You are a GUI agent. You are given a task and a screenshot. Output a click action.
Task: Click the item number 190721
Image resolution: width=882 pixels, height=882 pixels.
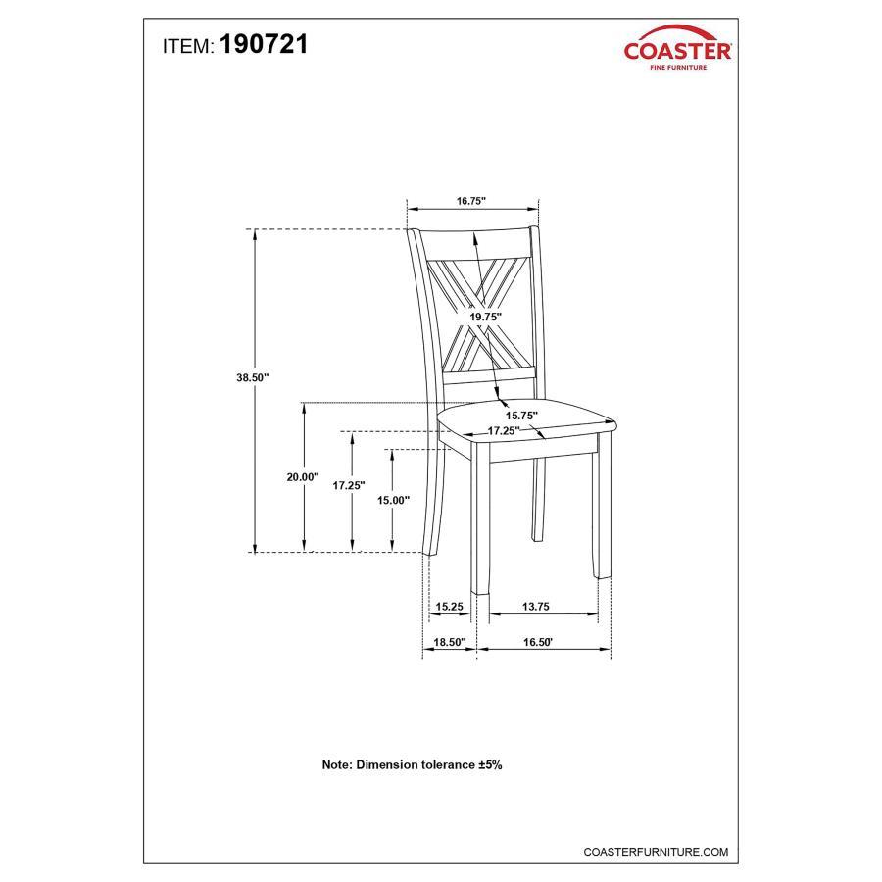tap(264, 44)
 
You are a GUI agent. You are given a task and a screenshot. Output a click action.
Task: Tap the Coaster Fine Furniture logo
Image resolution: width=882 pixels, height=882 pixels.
tap(677, 48)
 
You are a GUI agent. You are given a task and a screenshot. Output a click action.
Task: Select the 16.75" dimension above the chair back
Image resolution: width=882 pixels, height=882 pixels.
tap(470, 201)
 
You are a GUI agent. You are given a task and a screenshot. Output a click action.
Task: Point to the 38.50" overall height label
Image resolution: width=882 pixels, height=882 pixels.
tap(253, 377)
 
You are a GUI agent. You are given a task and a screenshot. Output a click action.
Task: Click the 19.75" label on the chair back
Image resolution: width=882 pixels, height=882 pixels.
tap(485, 317)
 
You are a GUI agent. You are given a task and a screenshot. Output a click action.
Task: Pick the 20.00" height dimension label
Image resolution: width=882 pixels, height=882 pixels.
tap(303, 477)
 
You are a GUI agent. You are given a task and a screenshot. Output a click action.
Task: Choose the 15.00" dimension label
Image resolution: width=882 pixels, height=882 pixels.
tap(393, 500)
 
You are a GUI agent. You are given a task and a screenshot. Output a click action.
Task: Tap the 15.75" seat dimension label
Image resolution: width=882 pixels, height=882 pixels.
tap(521, 416)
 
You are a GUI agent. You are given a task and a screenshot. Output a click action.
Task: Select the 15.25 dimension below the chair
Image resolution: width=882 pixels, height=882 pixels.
tap(450, 607)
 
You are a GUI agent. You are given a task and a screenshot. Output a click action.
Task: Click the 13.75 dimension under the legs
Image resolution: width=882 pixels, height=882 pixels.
tap(535, 607)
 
